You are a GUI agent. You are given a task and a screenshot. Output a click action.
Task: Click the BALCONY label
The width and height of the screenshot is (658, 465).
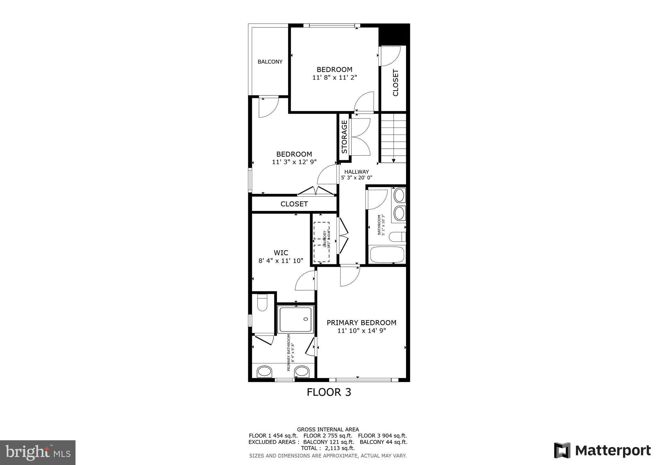270,62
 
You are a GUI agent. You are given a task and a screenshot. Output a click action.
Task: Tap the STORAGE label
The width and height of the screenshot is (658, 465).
344,137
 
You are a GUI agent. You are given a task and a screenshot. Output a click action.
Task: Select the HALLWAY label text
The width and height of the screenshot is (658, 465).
356,172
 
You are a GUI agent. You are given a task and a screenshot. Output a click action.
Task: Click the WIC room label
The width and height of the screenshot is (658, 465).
281,253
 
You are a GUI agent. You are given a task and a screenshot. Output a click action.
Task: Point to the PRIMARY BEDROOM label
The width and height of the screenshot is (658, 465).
361,323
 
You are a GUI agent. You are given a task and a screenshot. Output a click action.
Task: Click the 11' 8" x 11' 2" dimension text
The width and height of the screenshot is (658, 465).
334,77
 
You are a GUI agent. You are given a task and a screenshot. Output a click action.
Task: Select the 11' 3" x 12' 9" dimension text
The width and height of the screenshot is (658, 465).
294,162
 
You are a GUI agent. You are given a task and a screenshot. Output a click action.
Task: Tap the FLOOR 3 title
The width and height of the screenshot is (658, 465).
329,392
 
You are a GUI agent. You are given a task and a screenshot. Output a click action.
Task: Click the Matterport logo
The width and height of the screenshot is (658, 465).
602,451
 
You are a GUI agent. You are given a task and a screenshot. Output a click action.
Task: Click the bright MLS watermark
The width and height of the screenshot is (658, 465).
38,452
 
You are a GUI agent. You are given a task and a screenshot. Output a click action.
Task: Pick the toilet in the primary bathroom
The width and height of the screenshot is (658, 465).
262,303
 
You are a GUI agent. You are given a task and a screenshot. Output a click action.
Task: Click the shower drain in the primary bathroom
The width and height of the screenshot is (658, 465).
306,319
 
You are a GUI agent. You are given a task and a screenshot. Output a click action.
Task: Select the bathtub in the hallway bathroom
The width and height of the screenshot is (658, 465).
387,254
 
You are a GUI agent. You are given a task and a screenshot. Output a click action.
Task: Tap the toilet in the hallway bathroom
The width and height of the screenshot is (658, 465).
397,237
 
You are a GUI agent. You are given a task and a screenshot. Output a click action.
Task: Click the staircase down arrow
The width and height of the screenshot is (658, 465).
394,160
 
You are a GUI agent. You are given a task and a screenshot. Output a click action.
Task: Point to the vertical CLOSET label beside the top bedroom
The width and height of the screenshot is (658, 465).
396,83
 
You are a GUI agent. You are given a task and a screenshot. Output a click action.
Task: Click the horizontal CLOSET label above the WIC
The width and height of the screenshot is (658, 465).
294,204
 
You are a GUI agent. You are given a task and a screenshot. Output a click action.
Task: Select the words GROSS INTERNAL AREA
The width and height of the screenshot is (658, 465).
328,429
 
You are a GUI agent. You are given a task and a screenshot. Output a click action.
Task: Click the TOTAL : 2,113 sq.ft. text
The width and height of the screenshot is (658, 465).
328,448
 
